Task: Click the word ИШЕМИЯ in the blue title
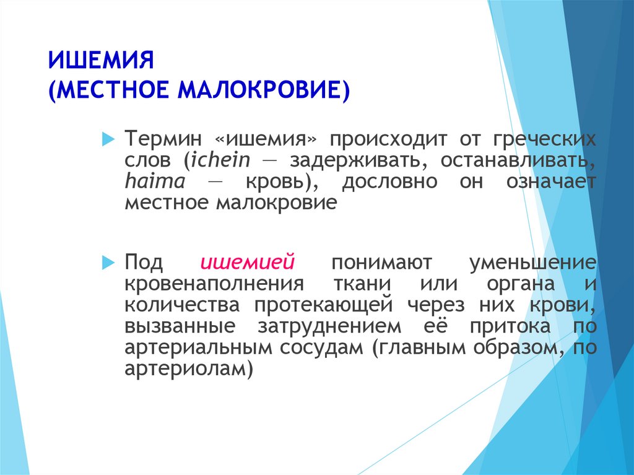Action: click(x=101, y=60)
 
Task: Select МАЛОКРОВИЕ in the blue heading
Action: click(x=264, y=89)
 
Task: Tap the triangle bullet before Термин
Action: click(x=108, y=139)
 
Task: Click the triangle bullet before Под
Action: click(x=108, y=263)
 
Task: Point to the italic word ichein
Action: click(x=221, y=160)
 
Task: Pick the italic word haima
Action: click(x=155, y=181)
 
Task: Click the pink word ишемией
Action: click(x=248, y=263)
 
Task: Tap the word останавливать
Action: click(x=518, y=160)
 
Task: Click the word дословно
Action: click(x=390, y=181)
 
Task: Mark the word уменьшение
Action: click(x=533, y=263)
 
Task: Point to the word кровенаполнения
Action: click(x=214, y=284)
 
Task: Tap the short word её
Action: click(x=436, y=325)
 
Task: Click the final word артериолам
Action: click(x=189, y=369)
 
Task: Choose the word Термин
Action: click(x=163, y=139)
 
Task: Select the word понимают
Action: click(x=381, y=263)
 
